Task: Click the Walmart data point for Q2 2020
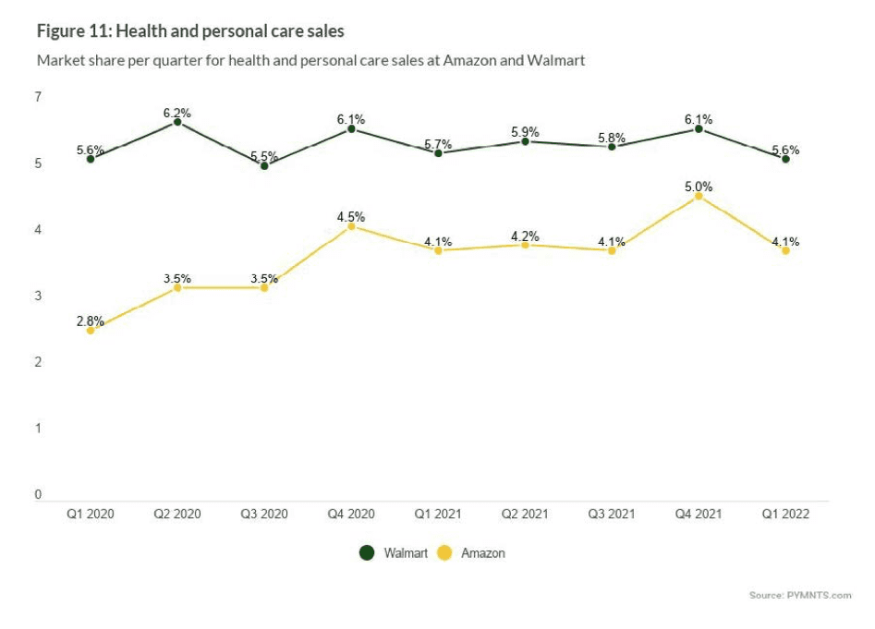tap(176, 122)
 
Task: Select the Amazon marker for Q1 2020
tap(90, 330)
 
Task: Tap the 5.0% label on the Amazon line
tap(699, 187)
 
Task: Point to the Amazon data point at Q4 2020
tap(351, 226)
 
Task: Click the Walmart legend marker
tap(367, 553)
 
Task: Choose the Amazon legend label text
tap(482, 553)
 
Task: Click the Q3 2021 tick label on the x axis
tap(612, 514)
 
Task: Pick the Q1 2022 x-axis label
tap(785, 514)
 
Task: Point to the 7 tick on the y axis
tap(38, 97)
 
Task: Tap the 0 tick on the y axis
tap(38, 494)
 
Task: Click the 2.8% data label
tap(90, 319)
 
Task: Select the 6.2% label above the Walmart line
tap(176, 113)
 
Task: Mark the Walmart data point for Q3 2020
tap(264, 165)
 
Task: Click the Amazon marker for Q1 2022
tap(785, 250)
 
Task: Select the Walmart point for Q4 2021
tap(699, 129)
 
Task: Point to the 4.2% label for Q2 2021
tap(525, 235)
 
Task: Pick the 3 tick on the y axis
tap(38, 296)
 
